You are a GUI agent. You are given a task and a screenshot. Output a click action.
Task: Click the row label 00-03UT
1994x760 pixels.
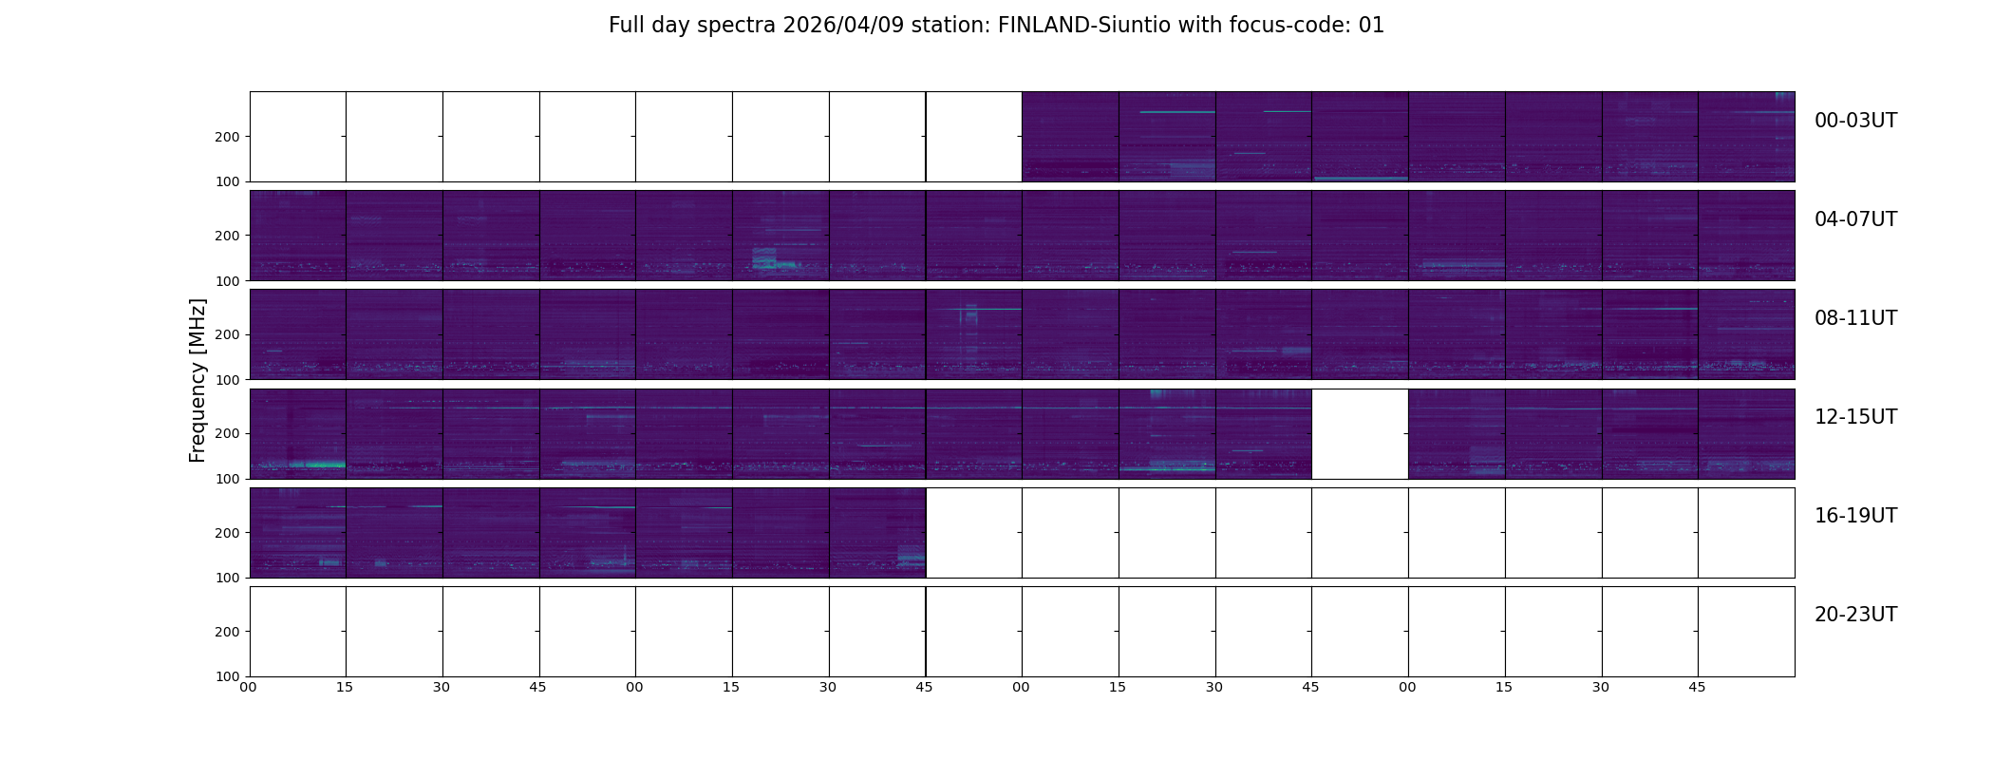(x=1855, y=121)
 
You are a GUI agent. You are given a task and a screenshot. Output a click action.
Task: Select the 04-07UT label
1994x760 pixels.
(x=1855, y=219)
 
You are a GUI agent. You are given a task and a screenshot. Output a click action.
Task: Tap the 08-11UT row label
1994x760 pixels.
(x=1855, y=318)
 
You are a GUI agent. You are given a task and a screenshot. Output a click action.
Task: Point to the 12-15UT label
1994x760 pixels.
(x=1855, y=417)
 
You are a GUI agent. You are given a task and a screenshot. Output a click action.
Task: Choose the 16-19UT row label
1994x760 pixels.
(x=1855, y=516)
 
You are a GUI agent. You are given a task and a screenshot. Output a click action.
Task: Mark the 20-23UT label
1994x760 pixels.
(x=1855, y=615)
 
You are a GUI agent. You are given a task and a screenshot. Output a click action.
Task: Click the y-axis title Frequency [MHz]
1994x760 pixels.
(x=198, y=380)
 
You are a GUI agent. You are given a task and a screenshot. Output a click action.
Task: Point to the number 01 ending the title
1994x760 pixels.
(x=1371, y=26)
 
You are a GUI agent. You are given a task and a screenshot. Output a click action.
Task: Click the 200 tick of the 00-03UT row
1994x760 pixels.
(x=227, y=137)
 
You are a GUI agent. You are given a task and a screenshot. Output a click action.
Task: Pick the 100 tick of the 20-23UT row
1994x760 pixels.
(x=227, y=676)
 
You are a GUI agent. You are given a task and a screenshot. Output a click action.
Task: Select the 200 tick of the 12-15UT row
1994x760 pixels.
(x=227, y=433)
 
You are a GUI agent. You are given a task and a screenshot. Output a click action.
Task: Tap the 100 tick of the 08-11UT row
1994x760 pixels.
(x=227, y=380)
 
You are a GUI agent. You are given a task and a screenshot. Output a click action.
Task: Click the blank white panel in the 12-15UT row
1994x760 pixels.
(x=1359, y=433)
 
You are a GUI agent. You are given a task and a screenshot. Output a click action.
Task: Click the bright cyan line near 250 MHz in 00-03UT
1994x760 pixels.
(x=1176, y=112)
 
